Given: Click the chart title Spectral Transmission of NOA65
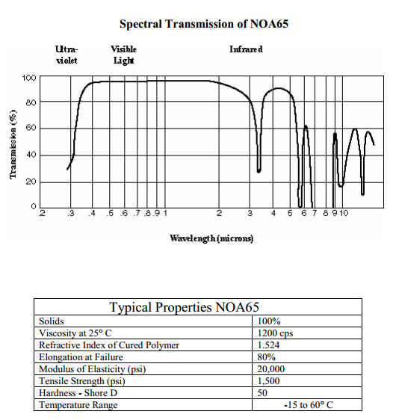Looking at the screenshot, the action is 204,24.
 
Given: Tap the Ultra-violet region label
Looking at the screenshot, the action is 66,55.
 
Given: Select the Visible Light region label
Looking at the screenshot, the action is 123,55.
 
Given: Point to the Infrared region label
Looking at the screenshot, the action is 246,49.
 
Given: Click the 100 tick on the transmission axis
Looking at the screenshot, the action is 28,78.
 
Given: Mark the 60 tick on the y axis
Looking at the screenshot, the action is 31,128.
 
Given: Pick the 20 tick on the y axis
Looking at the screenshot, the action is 31,182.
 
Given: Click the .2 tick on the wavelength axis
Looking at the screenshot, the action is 42,213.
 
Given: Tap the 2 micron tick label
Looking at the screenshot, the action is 219,213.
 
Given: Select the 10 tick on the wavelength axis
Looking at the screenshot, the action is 344,213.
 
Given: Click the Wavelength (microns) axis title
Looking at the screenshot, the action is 211,238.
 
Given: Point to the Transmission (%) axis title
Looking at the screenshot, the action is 13,144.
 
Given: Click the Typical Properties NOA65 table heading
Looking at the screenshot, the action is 185,307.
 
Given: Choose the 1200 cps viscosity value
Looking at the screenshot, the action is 275,333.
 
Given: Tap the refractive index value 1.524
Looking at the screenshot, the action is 268,345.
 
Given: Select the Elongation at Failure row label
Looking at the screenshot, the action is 81,357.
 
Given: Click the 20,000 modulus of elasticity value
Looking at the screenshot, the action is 271,369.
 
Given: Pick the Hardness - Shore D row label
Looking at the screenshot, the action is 78,393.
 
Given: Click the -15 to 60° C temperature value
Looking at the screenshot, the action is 309,405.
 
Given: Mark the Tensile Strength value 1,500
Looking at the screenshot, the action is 268,381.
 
